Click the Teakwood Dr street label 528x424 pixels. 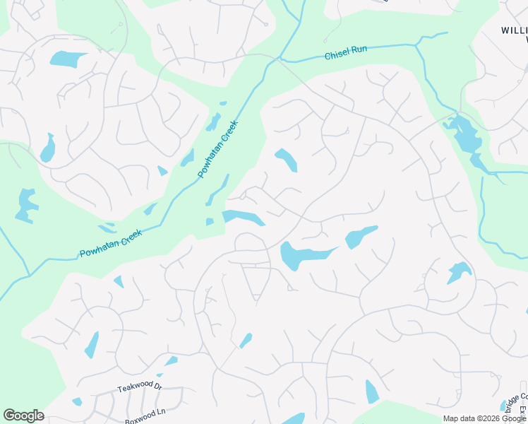coord(140,387)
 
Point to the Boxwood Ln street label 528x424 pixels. coord(145,413)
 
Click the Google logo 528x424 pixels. coord(23,416)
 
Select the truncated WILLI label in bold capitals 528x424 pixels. coord(514,30)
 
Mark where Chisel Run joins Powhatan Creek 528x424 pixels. coord(280,58)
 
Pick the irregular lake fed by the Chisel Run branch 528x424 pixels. coord(465,134)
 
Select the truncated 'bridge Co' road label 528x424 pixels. coord(520,398)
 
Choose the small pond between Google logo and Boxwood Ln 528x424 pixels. coord(76,401)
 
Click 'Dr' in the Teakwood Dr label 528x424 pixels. coord(157,387)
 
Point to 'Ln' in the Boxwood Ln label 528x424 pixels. coord(160,412)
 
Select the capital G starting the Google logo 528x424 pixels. coord(8,416)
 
